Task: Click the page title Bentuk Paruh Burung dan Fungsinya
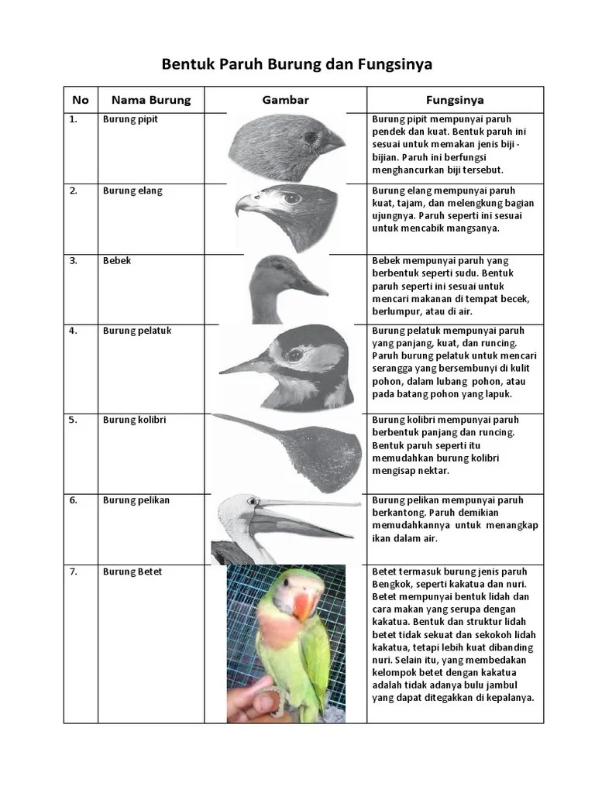pyautogui.click(x=297, y=64)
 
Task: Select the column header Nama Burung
pyautogui.click(x=150, y=100)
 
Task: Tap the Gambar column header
pyautogui.click(x=285, y=100)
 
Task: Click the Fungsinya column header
pyautogui.click(x=455, y=100)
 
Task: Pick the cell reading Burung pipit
pyautogui.click(x=130, y=120)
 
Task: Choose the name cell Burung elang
pyautogui.click(x=132, y=191)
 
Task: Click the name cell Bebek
pyautogui.click(x=117, y=261)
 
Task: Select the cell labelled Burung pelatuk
pyautogui.click(x=136, y=331)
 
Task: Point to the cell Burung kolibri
pyautogui.click(x=134, y=420)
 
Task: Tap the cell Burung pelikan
pyautogui.click(x=136, y=500)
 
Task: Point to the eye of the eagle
pyautogui.click(x=292, y=198)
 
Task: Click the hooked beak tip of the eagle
pyautogui.click(x=239, y=207)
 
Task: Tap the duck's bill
pyautogui.click(x=308, y=287)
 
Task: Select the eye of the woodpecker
pyautogui.click(x=295, y=355)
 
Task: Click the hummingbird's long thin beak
pyautogui.click(x=248, y=424)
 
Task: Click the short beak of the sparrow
pyautogui.click(x=333, y=142)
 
